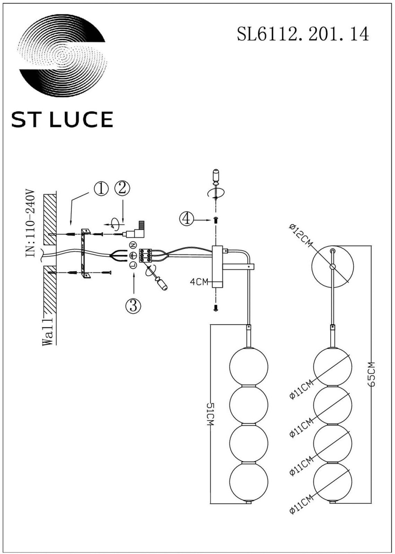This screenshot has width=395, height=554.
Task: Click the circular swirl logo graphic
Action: point(62,56)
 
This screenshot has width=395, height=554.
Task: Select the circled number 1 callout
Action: point(101,189)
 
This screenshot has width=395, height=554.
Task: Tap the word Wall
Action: point(47,332)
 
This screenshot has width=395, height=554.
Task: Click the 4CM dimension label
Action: point(199,282)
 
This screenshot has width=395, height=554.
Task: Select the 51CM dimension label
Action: point(210,414)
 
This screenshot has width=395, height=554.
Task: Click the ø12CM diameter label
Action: point(300,235)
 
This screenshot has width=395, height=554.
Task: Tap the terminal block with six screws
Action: point(145,255)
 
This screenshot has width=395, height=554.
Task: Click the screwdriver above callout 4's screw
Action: point(216,184)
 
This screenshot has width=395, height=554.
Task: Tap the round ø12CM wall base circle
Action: point(333,266)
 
